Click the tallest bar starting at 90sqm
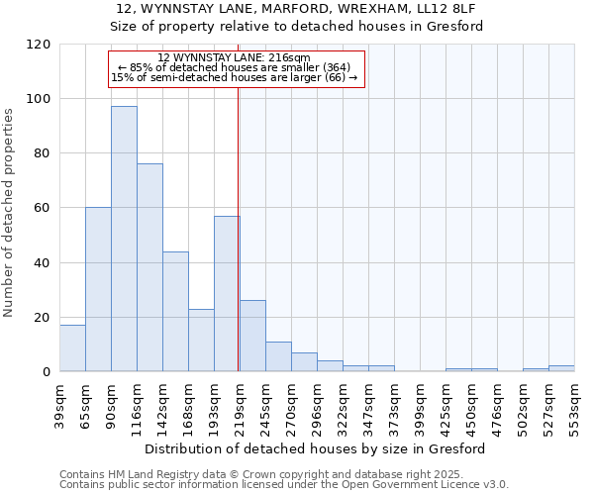(124, 239)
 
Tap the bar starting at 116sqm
(149, 267)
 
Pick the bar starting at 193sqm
(227, 293)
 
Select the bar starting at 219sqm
(252, 336)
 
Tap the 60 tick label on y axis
(44, 208)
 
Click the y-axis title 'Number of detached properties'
(9, 213)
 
